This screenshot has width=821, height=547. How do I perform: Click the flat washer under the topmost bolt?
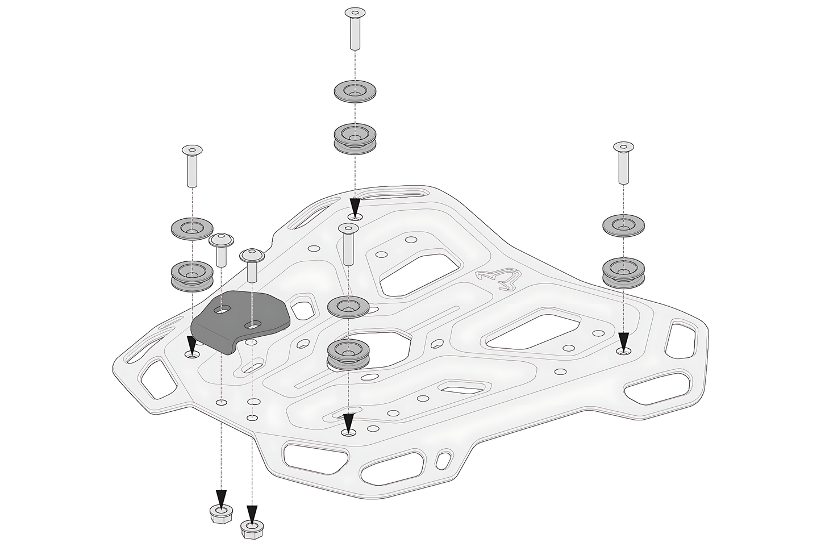tap(355, 91)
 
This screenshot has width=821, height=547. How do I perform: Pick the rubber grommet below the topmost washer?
tap(355, 139)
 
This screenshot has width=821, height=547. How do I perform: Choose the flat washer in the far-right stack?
tap(623, 226)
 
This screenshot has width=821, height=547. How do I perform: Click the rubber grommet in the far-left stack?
tap(192, 275)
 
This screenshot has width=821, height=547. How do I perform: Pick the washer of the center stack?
tap(348, 306)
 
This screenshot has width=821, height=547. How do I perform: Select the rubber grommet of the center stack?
tap(348, 355)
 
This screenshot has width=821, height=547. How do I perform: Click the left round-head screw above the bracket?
tap(220, 249)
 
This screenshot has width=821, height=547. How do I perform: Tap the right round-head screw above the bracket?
tap(251, 265)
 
